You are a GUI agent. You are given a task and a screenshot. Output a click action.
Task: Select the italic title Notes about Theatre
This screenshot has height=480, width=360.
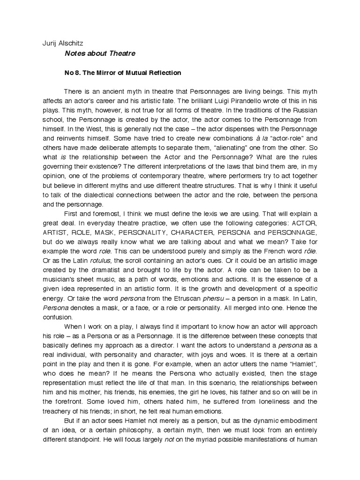pos(99,53)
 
